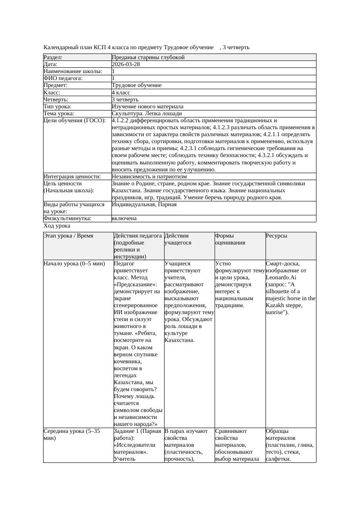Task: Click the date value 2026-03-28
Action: [x=126, y=64]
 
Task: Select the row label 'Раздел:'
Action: [x=53, y=57]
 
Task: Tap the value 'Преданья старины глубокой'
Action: [x=148, y=57]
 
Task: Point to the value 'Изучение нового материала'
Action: [x=147, y=107]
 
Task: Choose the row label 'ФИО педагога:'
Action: [x=63, y=78]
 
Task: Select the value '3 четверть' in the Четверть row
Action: [x=125, y=100]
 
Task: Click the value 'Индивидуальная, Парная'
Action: [x=144, y=204]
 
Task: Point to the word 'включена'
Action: [x=124, y=218]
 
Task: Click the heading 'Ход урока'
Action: [x=57, y=226]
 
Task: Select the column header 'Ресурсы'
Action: [x=276, y=236]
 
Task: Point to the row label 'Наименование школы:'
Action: [x=73, y=71]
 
